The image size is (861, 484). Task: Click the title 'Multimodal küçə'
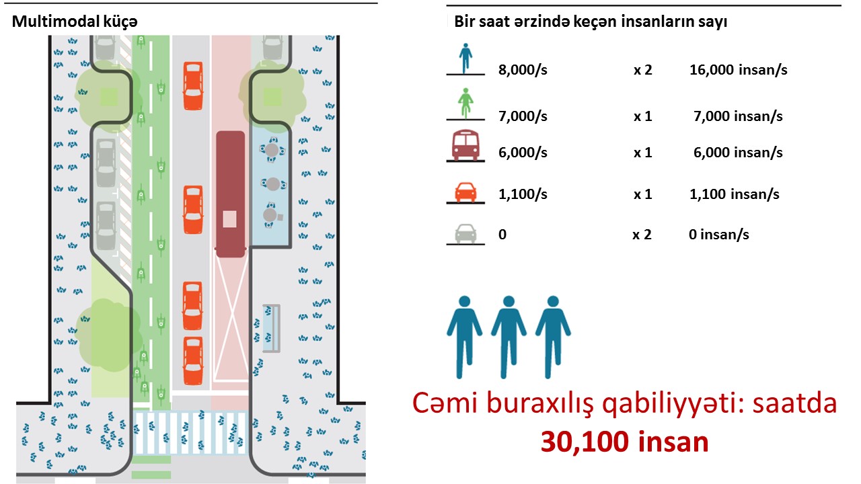[75, 22]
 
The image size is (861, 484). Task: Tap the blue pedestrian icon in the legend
[464, 59]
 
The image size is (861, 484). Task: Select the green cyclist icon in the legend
[464, 104]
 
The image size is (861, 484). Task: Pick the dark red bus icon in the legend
[464, 147]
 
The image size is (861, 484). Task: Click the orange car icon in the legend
[464, 193]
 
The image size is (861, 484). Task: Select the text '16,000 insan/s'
[738, 70]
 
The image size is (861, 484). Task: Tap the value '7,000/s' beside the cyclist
[523, 116]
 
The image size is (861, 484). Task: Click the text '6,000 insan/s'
[738, 153]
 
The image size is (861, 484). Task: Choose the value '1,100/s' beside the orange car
[523, 194]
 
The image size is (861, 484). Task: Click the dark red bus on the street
[231, 193]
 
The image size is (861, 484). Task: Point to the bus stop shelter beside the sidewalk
[272, 329]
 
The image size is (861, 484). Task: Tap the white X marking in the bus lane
[231, 316]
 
